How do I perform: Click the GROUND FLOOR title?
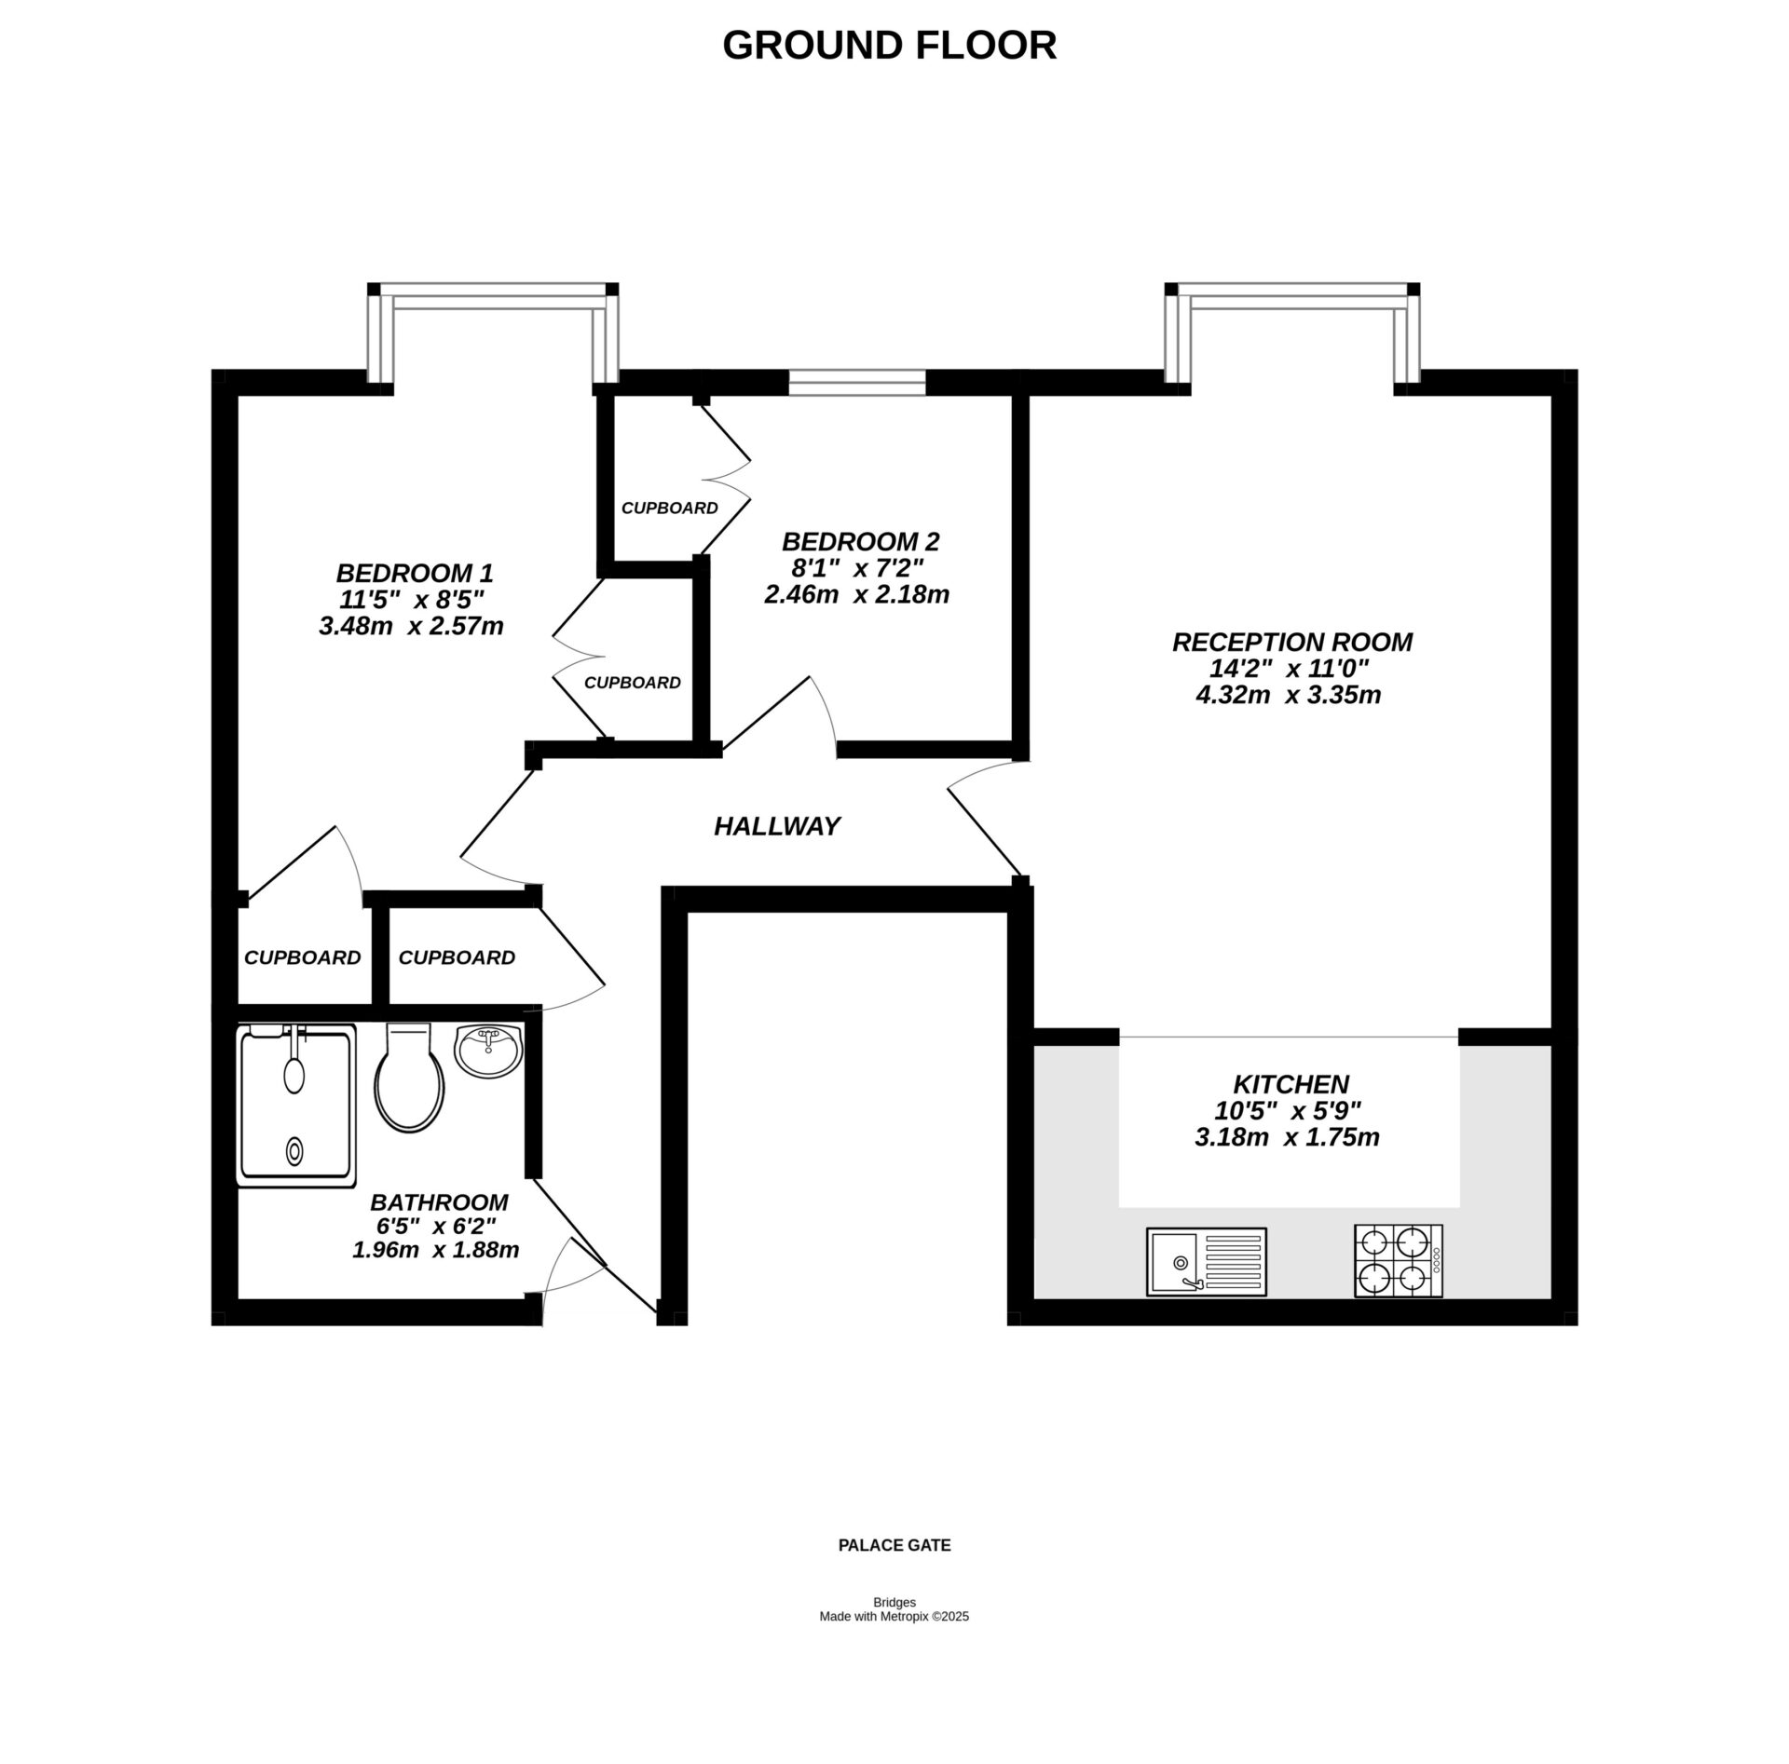coord(889,45)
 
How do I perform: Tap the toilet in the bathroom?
coord(408,1080)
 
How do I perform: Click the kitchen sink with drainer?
coord(1206,1261)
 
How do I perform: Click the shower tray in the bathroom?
coord(296,1106)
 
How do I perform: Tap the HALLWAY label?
coord(777,826)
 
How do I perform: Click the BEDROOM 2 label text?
coord(860,541)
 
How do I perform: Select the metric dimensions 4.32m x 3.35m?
coord(1288,695)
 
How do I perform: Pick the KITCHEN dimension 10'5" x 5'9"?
coord(1288,1110)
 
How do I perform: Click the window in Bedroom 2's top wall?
coord(856,381)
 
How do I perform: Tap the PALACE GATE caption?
coord(894,1545)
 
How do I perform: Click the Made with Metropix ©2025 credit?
coord(894,1617)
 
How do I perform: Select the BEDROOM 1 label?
coord(414,572)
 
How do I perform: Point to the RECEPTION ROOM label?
coord(1291,642)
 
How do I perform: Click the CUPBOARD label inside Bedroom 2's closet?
coord(669,509)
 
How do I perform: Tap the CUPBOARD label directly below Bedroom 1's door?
coord(302,957)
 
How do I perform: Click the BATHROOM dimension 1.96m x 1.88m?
coord(435,1250)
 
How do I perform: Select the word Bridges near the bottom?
coord(894,1603)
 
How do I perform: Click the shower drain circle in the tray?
coord(294,1151)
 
